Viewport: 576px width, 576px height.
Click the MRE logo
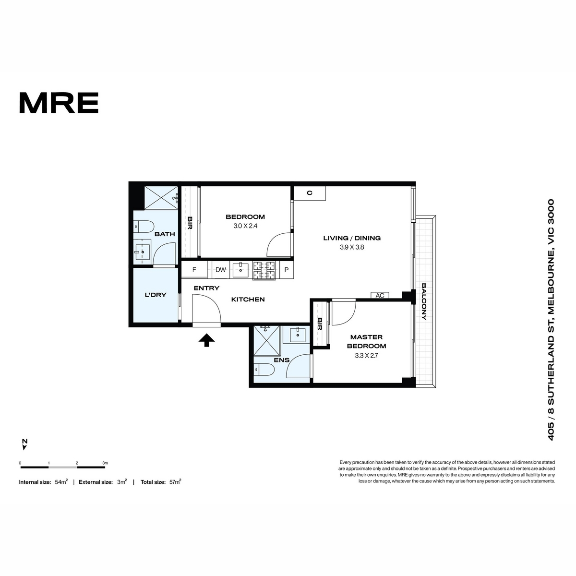coord(59,103)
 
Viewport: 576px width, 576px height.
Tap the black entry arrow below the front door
coord(206,340)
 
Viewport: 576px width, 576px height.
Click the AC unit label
coord(380,296)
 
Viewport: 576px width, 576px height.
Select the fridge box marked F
coord(194,270)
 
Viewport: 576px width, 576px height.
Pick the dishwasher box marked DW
coord(221,270)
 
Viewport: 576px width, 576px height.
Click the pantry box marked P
coord(287,270)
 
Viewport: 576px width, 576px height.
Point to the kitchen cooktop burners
coord(264,270)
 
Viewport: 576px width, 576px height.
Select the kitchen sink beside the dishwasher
coord(240,270)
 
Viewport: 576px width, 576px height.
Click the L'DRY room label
coord(156,295)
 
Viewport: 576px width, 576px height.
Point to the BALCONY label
coord(424,301)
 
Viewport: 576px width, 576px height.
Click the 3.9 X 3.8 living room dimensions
coord(352,247)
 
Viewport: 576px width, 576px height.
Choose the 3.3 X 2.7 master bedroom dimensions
coord(366,356)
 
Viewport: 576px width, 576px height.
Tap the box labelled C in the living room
coord(310,193)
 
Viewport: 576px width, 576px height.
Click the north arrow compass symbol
coord(25,444)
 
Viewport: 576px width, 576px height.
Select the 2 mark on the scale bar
coord(77,463)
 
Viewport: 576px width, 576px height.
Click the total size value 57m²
coord(175,482)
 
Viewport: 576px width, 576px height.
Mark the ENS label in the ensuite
coord(282,360)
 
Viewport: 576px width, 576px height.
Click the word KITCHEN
coord(248,300)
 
